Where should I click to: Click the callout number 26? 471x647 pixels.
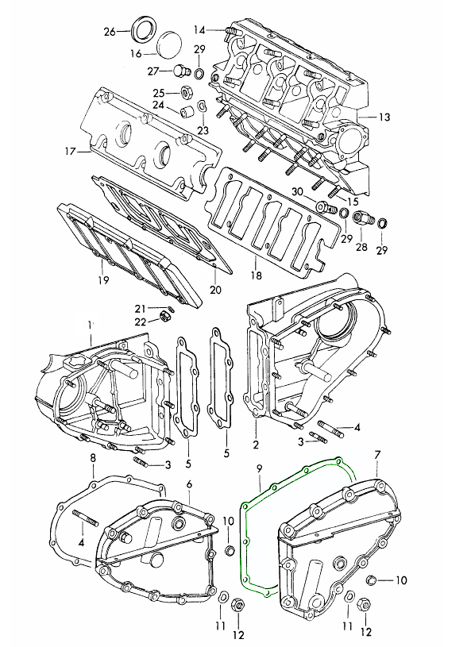[x=110, y=32]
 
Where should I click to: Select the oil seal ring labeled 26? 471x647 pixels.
[x=144, y=29]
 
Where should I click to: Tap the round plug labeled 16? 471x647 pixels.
[x=170, y=44]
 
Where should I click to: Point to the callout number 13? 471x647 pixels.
[x=384, y=117]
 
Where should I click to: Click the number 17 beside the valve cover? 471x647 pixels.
[x=71, y=152]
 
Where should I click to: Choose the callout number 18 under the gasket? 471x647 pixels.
[x=257, y=275]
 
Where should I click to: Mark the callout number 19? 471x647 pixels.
[x=103, y=280]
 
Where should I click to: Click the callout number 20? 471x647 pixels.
[x=215, y=290]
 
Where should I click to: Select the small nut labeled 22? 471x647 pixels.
[x=165, y=317]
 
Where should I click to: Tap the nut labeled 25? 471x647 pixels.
[x=186, y=92]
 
